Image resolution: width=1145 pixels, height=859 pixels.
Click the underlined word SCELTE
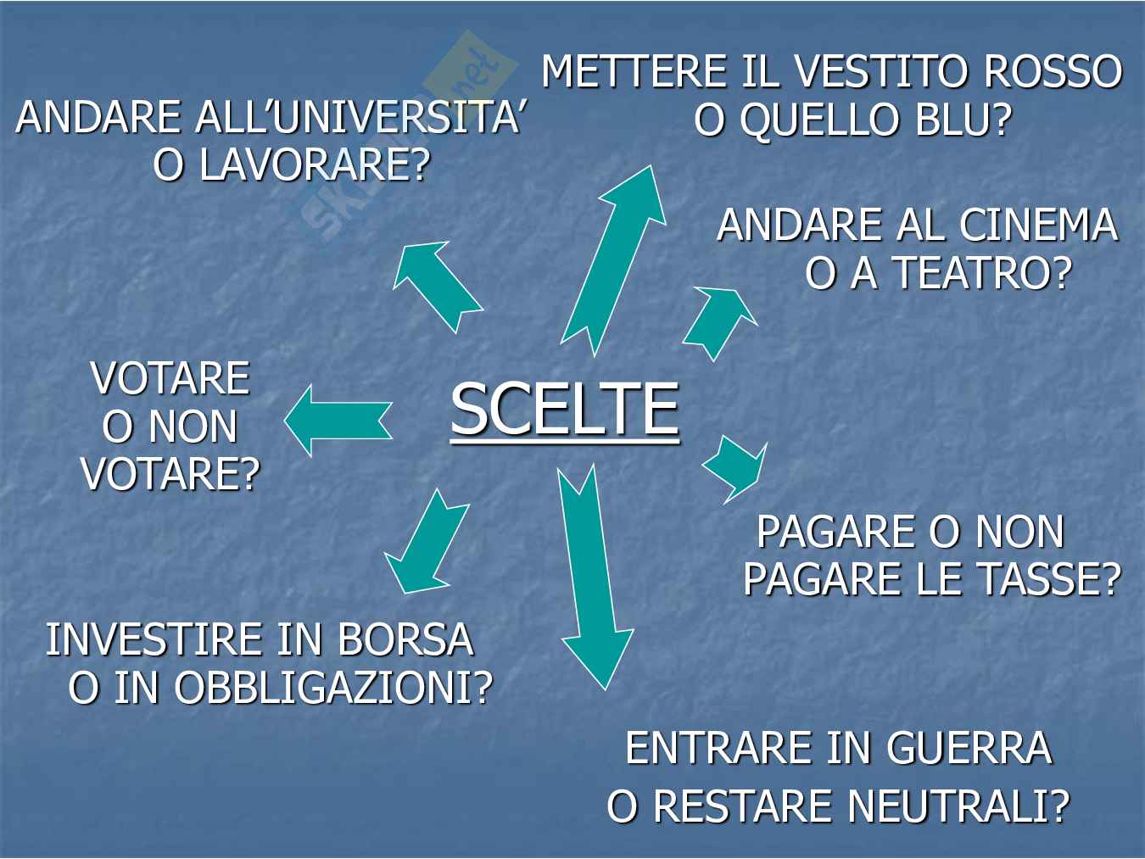click(565, 409)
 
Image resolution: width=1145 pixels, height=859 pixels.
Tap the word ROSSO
click(1053, 71)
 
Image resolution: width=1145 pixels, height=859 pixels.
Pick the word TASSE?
click(1047, 579)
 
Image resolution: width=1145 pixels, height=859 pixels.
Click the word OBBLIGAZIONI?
click(334, 688)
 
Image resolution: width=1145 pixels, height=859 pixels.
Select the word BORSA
click(405, 639)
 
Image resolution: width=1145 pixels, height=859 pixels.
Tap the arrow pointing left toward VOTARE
click(338, 421)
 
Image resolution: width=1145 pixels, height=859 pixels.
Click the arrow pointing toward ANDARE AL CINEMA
click(720, 323)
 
